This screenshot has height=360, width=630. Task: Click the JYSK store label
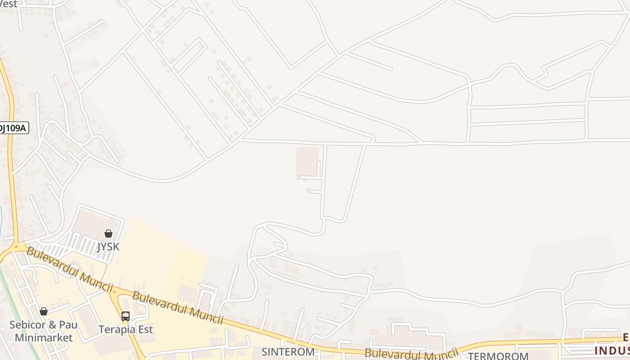click(x=108, y=247)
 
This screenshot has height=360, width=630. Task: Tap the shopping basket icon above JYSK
click(x=108, y=233)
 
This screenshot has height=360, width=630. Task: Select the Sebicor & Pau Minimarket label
click(x=44, y=331)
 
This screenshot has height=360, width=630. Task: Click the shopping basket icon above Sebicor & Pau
click(x=44, y=311)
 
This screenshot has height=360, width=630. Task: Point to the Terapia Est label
click(x=126, y=329)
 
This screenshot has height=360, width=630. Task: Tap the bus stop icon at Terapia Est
click(x=126, y=316)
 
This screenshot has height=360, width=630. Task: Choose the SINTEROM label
click(x=288, y=351)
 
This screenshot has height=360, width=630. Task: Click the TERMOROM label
click(x=498, y=356)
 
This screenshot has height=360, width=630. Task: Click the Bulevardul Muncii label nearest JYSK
click(x=69, y=269)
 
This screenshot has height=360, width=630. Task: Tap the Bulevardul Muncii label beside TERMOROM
click(x=411, y=352)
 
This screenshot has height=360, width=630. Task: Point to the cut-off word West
click(x=9, y=4)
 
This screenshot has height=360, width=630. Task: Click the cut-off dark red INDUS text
click(x=612, y=350)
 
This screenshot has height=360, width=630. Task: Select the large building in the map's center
click(x=307, y=161)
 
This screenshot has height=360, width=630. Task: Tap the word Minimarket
click(x=44, y=337)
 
